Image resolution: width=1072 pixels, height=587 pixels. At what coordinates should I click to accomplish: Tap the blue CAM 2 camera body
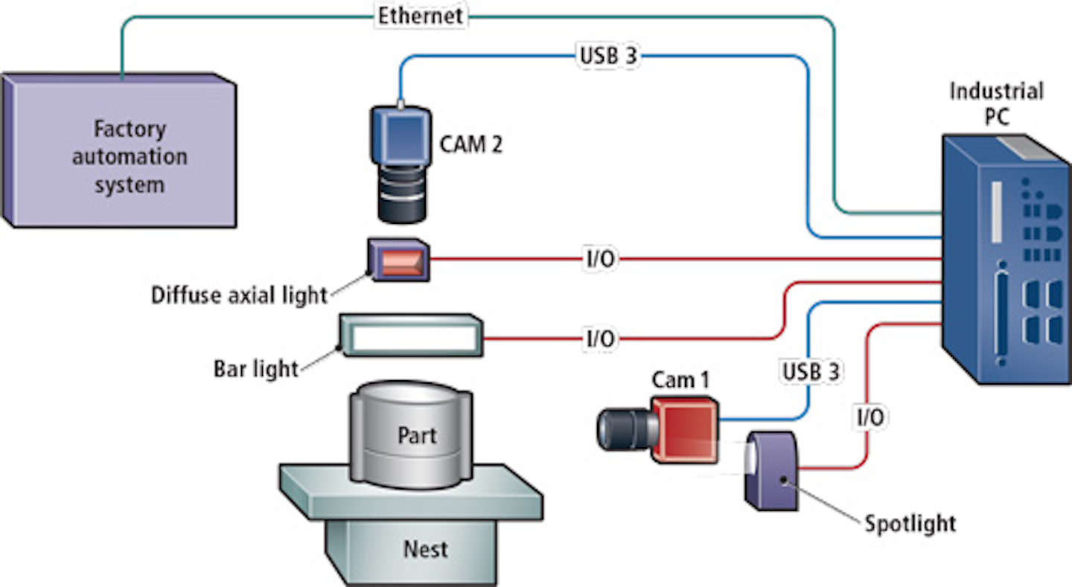coord(401,141)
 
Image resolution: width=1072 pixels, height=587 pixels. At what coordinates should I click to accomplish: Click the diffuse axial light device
coord(399,260)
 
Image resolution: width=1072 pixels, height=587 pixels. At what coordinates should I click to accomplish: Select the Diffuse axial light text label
coord(239,295)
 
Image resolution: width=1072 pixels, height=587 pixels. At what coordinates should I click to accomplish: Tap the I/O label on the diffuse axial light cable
coord(597,260)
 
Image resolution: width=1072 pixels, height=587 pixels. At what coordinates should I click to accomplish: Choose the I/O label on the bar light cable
coord(597,339)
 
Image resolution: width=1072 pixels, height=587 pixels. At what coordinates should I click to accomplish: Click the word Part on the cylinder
coord(417,434)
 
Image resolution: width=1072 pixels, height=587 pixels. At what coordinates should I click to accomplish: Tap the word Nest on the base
coord(425,549)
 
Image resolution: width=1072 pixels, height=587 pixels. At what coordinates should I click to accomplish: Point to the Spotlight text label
coord(910,523)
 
